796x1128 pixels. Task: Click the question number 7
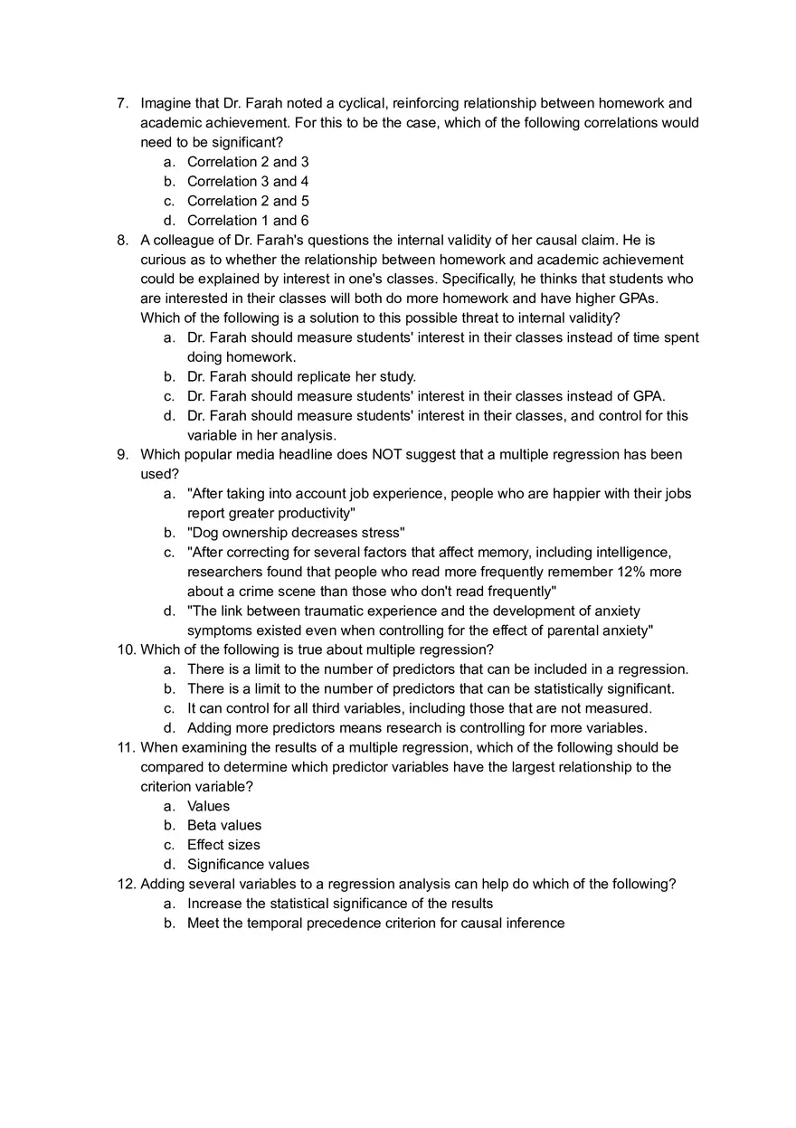click(122, 103)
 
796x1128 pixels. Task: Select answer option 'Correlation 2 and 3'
click(247, 162)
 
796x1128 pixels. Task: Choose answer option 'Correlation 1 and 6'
click(247, 221)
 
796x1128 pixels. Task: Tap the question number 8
click(122, 240)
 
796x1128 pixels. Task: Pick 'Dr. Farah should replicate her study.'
click(301, 376)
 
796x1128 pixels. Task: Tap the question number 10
click(126, 649)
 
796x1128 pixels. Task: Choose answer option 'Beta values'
click(223, 825)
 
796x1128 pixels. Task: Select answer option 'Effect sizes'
click(223, 845)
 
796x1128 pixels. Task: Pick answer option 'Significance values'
click(248, 864)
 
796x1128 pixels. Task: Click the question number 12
click(126, 884)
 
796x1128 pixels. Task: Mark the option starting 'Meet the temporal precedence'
click(375, 923)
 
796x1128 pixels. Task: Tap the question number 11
click(126, 747)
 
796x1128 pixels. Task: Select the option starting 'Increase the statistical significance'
click(340, 903)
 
